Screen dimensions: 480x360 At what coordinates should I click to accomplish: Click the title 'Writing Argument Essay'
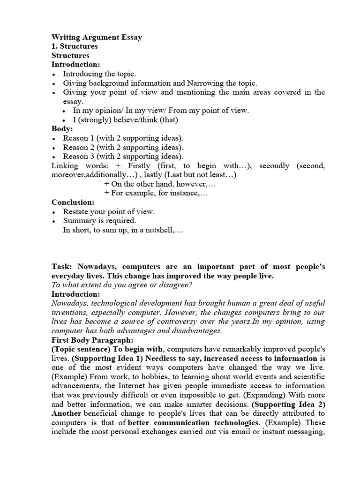pyautogui.click(x=97, y=37)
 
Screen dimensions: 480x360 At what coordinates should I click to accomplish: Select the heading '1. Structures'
pyautogui.click(x=75, y=46)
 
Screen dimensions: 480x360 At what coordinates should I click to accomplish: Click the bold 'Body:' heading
pyautogui.click(x=62, y=128)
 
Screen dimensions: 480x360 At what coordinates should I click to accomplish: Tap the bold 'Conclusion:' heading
pyautogui.click(x=73, y=202)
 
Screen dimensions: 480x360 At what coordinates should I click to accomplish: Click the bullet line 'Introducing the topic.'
pyautogui.click(x=99, y=74)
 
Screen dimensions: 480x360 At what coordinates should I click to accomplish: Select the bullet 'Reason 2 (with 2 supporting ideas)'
pyautogui.click(x=123, y=147)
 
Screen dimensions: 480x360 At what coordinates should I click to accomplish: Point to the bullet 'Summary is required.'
pyautogui.click(x=99, y=221)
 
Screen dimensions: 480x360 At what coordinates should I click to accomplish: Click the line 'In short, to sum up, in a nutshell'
pyautogui.click(x=122, y=230)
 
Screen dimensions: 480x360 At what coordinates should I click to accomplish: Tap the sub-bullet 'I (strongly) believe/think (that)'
pyautogui.click(x=126, y=120)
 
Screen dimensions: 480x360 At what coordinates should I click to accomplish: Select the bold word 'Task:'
pyautogui.click(x=62, y=267)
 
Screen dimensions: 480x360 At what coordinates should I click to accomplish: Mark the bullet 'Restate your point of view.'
pyautogui.click(x=109, y=211)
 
